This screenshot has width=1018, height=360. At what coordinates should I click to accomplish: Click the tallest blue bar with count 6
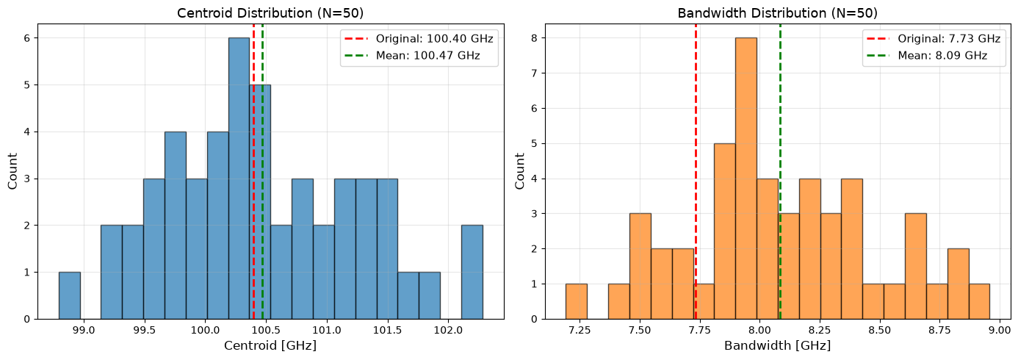(239, 179)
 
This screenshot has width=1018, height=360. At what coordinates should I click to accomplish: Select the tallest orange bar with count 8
(746, 179)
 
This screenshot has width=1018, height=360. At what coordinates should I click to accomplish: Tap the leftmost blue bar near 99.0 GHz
(70, 295)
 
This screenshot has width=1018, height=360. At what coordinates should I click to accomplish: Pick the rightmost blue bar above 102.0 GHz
(472, 272)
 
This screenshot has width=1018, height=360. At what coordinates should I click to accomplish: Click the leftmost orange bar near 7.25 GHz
(577, 301)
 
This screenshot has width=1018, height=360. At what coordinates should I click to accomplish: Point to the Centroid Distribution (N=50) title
(270, 12)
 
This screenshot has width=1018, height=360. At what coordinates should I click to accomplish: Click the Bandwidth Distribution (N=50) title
(778, 12)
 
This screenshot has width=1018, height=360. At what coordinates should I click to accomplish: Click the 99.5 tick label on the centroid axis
(145, 330)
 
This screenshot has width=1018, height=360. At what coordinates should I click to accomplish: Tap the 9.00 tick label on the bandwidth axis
(1000, 330)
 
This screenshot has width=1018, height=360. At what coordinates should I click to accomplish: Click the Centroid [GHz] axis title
(270, 345)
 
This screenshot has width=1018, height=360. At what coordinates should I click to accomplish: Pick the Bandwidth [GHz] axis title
(778, 345)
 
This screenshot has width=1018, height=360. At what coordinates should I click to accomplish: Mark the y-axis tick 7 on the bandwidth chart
(535, 73)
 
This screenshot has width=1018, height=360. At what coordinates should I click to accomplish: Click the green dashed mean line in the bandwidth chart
(780, 171)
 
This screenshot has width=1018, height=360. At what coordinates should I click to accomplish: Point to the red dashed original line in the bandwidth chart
(696, 171)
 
